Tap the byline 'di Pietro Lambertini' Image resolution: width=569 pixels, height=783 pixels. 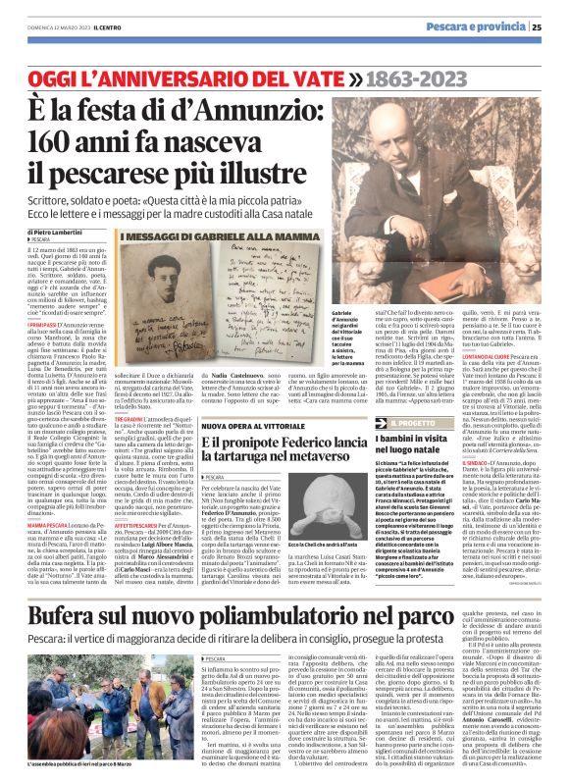point(57,231)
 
